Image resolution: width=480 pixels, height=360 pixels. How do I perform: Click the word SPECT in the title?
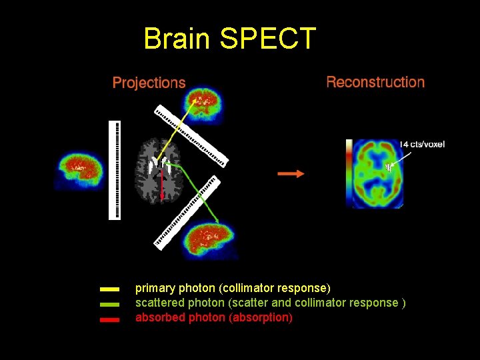tap(267, 39)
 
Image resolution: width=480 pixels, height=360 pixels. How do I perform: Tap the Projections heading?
tap(149, 83)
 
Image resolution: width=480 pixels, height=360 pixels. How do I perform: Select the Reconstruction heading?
tap(375, 82)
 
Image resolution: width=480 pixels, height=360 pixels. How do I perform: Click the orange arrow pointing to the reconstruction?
tap(291, 173)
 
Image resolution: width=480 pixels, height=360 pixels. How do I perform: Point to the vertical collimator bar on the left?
tap(115, 170)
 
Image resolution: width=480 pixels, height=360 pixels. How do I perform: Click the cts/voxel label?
tap(423, 144)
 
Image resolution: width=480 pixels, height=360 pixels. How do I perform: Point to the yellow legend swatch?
tap(109, 289)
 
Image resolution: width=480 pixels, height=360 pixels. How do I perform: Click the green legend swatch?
tap(109, 304)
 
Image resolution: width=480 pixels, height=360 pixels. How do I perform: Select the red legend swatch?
tap(109, 319)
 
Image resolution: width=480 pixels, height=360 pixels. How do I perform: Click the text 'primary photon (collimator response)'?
tap(233, 288)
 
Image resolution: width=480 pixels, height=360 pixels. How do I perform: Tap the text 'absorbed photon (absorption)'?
tap(213, 317)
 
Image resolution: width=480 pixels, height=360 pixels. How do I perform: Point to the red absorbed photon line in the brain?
tap(161, 183)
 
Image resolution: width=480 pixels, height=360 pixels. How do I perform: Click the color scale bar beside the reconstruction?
tap(349, 170)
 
